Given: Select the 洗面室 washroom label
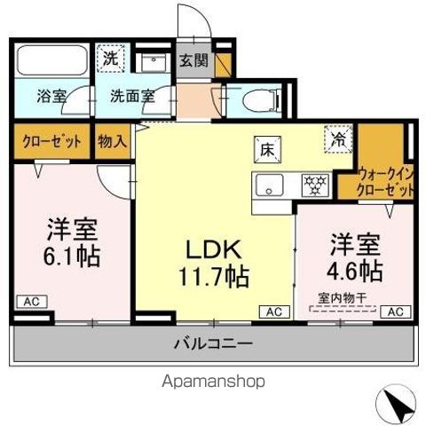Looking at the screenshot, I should [x=131, y=95].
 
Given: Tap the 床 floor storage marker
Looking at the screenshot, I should [x=264, y=148].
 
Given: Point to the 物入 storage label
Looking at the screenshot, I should [x=112, y=141].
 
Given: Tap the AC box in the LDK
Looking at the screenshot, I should [x=272, y=312].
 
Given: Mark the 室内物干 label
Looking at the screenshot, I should [x=341, y=297].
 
